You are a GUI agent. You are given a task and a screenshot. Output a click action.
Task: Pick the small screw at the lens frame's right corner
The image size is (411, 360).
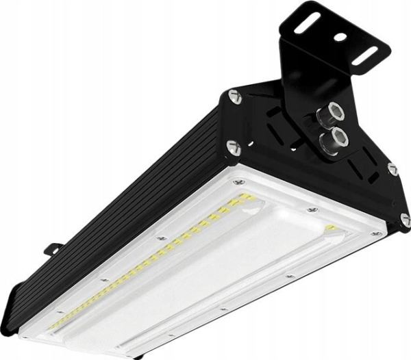coord(375,233)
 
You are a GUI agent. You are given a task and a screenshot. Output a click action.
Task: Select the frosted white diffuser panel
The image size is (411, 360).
coord(226,274)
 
